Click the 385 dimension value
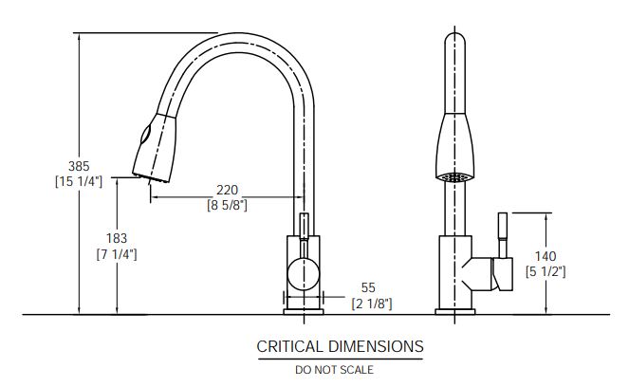click(79, 166)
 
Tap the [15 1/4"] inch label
click(79, 182)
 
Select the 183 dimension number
click(117, 238)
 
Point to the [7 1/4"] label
click(117, 254)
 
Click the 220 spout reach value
click(227, 190)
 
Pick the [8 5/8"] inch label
click(227, 205)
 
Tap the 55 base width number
click(368, 287)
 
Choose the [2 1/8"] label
click(372, 304)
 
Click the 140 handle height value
click(546, 256)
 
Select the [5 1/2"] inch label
click(546, 271)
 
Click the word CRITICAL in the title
click(289, 346)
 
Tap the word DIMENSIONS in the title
click(376, 346)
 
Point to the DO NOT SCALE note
click(334, 370)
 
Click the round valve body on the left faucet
click(304, 274)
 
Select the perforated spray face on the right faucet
click(454, 176)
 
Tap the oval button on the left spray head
click(145, 134)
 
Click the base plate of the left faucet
click(304, 312)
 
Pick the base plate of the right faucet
click(454, 312)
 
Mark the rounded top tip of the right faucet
click(454, 34)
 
